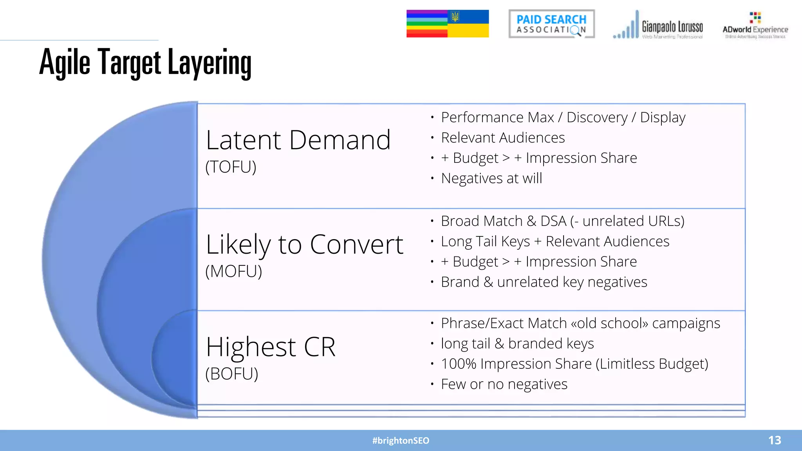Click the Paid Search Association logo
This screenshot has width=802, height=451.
click(551, 24)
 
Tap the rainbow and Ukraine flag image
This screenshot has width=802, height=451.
click(448, 24)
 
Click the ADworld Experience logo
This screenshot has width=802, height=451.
click(755, 26)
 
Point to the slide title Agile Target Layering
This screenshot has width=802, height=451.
click(145, 63)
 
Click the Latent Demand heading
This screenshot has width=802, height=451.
click(298, 140)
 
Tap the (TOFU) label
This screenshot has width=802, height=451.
click(231, 167)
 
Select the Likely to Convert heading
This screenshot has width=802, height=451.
click(304, 245)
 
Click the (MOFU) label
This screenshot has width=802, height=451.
click(233, 271)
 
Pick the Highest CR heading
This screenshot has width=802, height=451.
click(271, 347)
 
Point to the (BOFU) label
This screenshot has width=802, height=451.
click(231, 374)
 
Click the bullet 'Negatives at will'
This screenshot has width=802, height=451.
click(491, 179)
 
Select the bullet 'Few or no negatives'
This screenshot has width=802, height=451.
click(504, 384)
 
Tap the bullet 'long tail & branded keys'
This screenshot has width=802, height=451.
click(517, 344)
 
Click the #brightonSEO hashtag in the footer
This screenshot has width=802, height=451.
click(401, 441)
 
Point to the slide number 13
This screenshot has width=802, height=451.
click(774, 440)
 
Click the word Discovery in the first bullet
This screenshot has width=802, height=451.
click(597, 117)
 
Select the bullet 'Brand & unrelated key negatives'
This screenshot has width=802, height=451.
click(544, 282)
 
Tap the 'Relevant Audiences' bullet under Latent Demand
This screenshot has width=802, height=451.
click(503, 138)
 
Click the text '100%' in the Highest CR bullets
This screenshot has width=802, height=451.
click(459, 364)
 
